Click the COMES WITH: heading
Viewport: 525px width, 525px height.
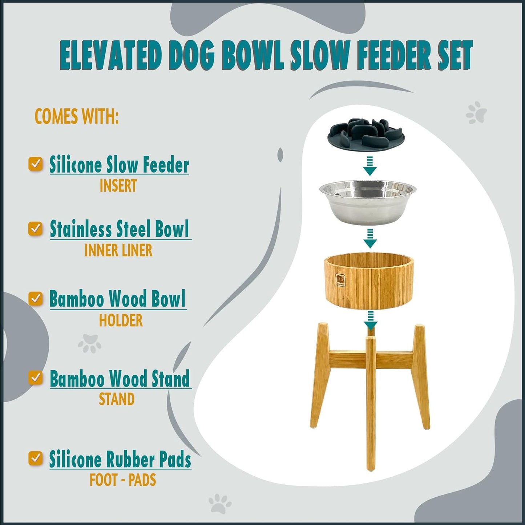tap(77, 117)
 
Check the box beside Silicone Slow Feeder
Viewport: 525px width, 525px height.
tap(36, 164)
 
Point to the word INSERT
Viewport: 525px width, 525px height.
tap(118, 186)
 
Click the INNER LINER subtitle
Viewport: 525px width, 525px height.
tap(118, 250)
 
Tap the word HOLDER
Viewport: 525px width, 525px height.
tap(121, 320)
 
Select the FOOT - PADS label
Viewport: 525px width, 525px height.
tap(123, 480)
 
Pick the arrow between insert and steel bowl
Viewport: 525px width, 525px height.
tap(370, 166)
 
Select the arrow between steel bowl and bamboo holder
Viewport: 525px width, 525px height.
tap(370, 239)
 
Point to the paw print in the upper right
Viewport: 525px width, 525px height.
tap(476, 112)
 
